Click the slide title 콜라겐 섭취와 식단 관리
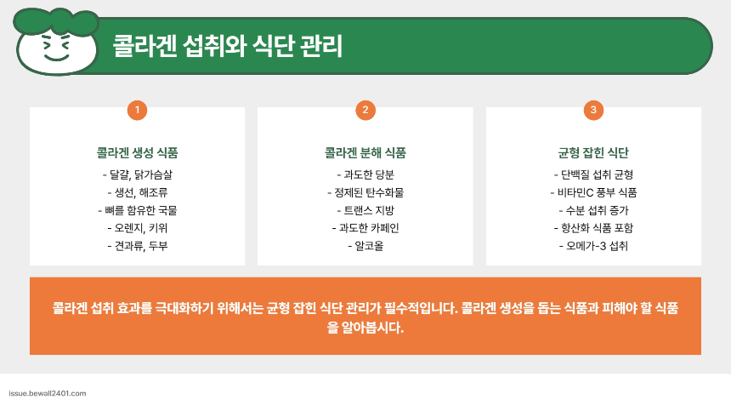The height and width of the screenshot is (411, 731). click(228, 46)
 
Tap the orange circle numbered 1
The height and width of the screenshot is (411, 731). click(137, 110)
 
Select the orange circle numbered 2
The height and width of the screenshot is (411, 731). click(365, 110)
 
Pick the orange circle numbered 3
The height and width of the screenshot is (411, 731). click(593, 110)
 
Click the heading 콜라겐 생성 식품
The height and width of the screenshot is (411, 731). click(137, 154)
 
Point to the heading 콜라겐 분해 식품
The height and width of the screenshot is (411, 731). click(365, 154)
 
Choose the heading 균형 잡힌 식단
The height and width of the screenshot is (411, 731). click(593, 154)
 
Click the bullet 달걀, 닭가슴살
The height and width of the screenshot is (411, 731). click(137, 174)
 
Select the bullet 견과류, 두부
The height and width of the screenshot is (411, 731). click(137, 246)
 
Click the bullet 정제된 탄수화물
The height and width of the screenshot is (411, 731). click(365, 192)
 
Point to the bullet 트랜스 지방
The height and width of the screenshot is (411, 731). click(365, 210)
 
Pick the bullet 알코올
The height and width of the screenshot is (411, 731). click(365, 246)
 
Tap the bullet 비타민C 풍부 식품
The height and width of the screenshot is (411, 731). click(593, 192)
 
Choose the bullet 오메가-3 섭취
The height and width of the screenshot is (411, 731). click(593, 246)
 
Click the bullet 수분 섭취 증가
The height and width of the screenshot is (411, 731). click(593, 210)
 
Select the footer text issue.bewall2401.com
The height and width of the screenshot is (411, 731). click(48, 394)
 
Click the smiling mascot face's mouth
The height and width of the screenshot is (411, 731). click(57, 58)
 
